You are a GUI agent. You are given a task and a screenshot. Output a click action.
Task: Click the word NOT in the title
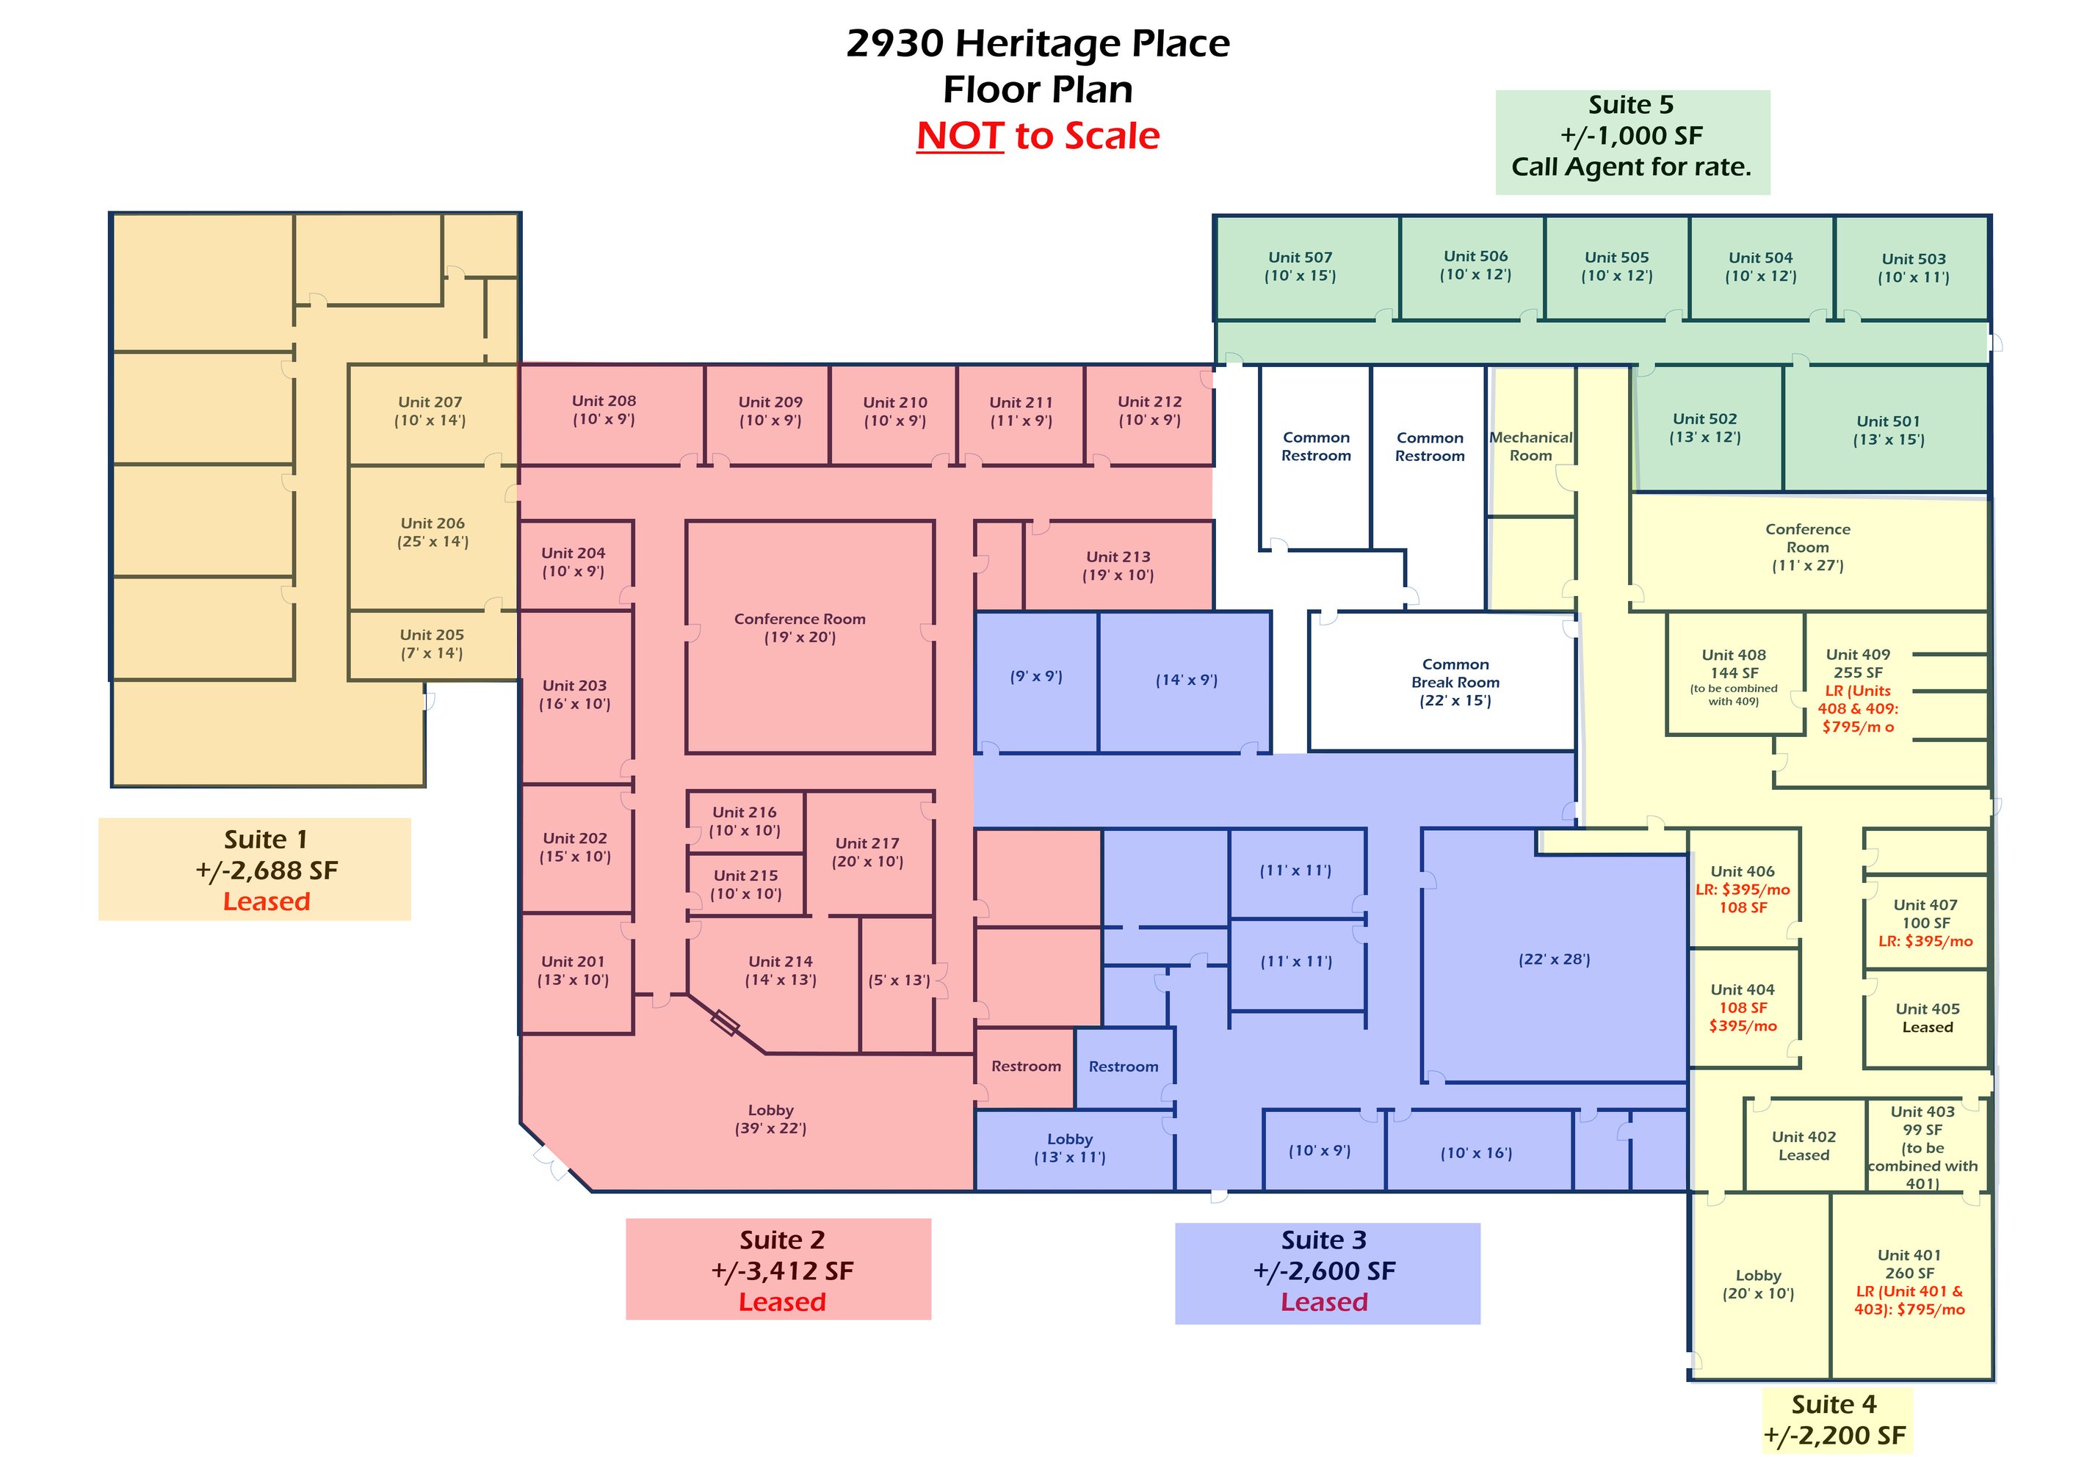[961, 136]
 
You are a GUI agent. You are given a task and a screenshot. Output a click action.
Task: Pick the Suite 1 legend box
[255, 869]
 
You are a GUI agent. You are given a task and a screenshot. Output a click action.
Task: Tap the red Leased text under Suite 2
[782, 1301]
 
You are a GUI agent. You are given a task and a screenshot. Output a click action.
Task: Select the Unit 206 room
[433, 537]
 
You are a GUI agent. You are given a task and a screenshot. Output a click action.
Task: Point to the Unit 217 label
[867, 852]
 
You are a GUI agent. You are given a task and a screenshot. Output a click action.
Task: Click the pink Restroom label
[1026, 1066]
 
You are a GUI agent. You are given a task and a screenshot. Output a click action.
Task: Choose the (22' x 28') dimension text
[1555, 959]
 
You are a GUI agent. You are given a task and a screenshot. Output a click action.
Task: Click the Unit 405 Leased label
[1927, 1017]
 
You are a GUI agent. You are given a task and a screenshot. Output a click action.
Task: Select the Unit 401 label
[1909, 1255]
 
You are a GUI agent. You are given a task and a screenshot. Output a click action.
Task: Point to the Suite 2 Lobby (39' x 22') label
[770, 1119]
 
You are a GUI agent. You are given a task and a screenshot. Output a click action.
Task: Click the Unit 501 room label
[1888, 430]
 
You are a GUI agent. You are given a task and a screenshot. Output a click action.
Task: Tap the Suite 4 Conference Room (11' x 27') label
[1807, 547]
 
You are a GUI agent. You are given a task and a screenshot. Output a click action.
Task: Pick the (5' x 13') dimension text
[899, 980]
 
